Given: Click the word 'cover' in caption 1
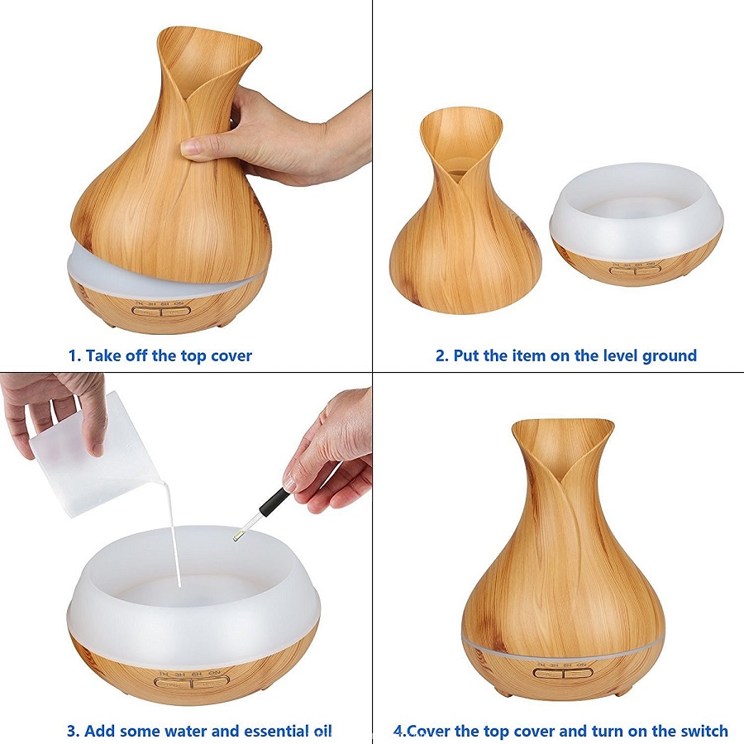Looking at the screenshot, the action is tap(231, 355).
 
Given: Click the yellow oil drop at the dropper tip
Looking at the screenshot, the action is tap(235, 538).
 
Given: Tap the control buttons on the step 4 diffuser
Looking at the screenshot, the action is tap(563, 672).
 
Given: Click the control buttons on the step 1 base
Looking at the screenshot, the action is tap(161, 312).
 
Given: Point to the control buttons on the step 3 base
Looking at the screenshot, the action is tap(192, 682).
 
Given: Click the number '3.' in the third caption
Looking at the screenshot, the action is tap(73, 730).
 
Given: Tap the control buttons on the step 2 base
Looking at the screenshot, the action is tap(636, 271).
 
